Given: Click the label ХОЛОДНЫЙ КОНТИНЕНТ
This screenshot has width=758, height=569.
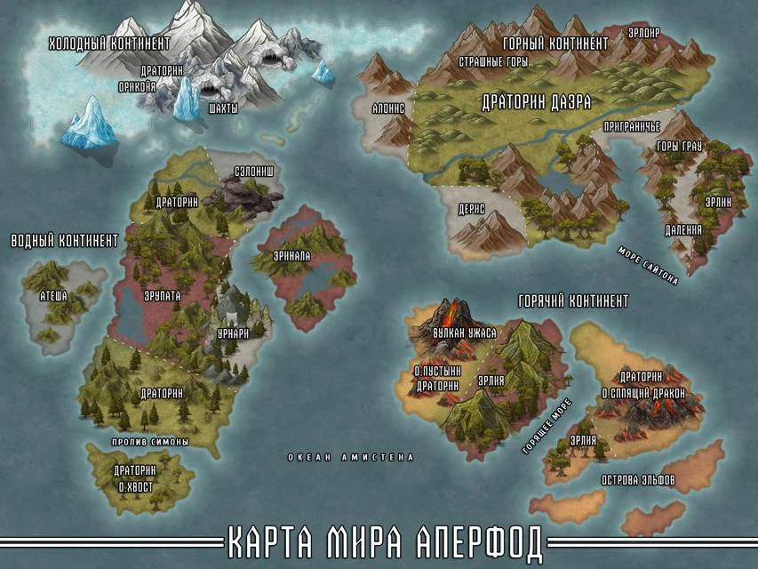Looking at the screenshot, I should pos(108,43).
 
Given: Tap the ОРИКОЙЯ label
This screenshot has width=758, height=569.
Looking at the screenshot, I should pos(137,87).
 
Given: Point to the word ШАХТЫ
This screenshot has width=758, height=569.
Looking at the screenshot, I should pos(222,108).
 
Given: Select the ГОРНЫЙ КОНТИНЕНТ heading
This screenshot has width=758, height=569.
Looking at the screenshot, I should pos(555,43).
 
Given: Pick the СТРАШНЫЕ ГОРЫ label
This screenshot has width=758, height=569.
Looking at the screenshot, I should pos(493,63).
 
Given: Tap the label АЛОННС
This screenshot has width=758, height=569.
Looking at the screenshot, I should pos(388,108).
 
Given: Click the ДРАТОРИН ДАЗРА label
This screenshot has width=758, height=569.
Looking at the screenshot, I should pos(536,102).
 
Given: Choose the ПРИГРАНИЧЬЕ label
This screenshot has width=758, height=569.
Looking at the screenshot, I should pos(631,127).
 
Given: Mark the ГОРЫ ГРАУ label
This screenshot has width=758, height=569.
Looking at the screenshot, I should pos(679,146).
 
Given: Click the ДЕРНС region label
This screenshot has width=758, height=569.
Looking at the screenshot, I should pos(471,207).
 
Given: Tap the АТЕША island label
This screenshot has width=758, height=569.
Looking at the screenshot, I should pos(53,296).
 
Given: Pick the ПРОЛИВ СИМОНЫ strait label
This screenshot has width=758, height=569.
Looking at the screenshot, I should pos(150,442).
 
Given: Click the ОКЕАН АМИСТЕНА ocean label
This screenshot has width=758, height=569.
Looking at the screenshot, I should pos(351,457).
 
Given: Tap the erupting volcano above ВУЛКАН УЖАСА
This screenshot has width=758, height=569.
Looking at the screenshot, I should pos(451,314).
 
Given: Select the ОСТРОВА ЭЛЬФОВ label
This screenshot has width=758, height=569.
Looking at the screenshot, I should pos(638,480).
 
